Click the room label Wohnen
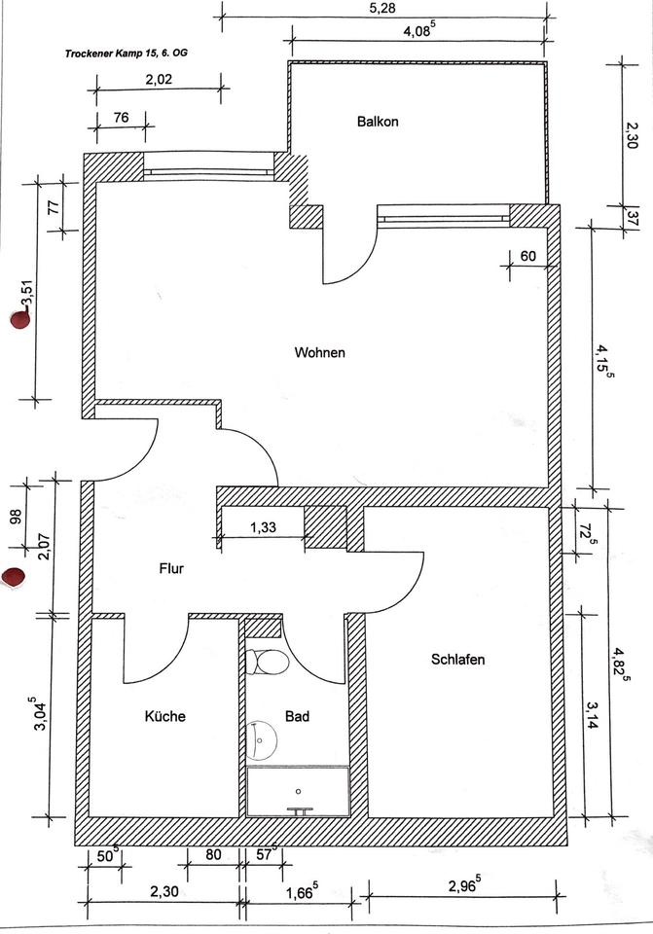(319, 352)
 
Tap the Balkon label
(378, 123)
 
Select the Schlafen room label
(457, 660)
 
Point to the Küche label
(164, 716)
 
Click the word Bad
(297, 716)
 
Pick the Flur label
(171, 569)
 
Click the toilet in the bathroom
(267, 662)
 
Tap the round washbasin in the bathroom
(262, 741)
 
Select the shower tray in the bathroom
(298, 791)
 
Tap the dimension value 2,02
(159, 81)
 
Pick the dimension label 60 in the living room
(529, 256)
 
